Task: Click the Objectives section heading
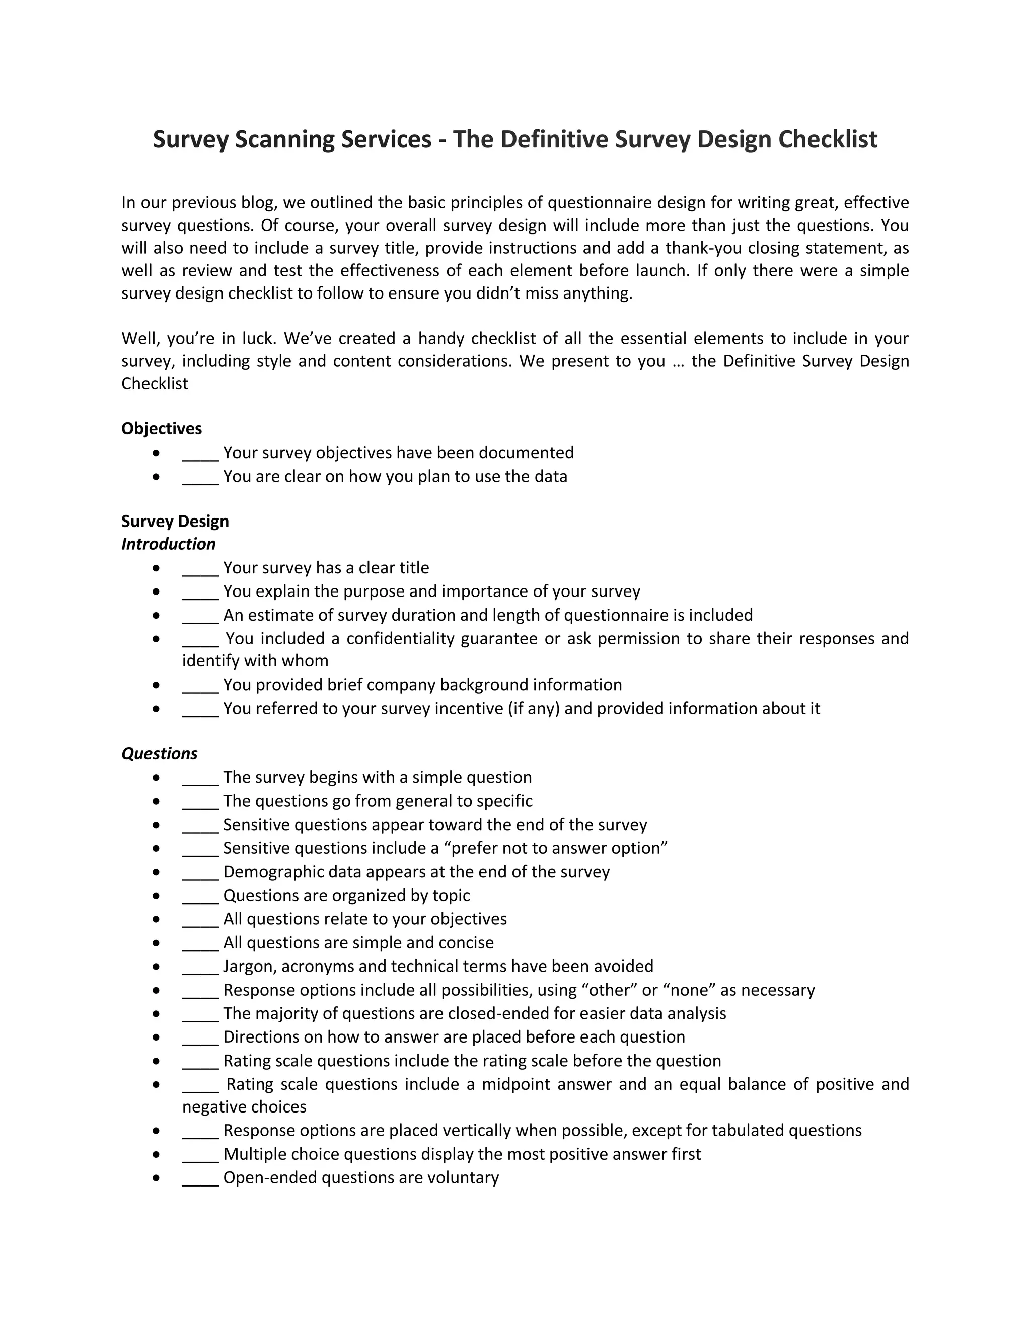(x=161, y=429)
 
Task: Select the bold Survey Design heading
(x=175, y=521)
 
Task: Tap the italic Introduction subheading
(x=168, y=544)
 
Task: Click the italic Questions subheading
(x=160, y=753)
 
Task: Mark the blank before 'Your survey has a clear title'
(x=200, y=569)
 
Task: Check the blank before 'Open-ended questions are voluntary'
(x=200, y=1179)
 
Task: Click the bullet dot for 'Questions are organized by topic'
(x=157, y=896)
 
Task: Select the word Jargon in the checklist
(x=249, y=967)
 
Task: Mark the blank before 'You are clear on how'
(x=200, y=478)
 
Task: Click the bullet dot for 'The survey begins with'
(x=157, y=778)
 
